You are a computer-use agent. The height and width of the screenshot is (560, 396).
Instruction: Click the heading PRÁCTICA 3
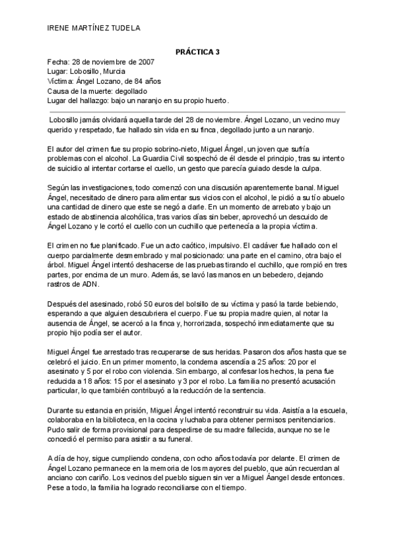click(x=197, y=52)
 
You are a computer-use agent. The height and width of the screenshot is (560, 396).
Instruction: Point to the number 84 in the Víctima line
click(x=145, y=81)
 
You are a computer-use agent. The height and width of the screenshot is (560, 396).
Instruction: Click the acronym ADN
click(x=89, y=285)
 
